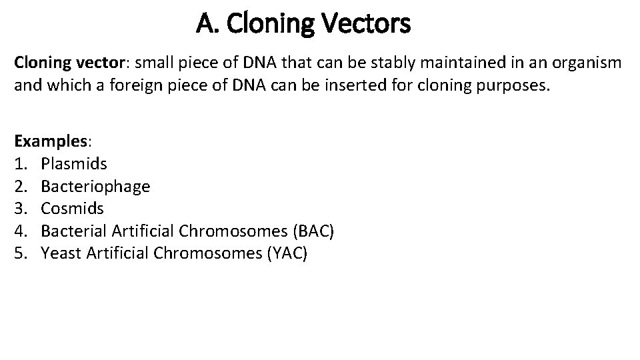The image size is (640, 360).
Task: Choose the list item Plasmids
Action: [x=74, y=163]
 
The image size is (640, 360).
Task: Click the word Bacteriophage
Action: [x=95, y=186]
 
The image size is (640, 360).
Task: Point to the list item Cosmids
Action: [x=73, y=209]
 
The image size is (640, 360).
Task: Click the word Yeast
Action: [x=60, y=254]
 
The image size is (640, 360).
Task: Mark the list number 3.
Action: [x=20, y=209]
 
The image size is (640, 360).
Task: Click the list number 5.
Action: [x=20, y=254]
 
